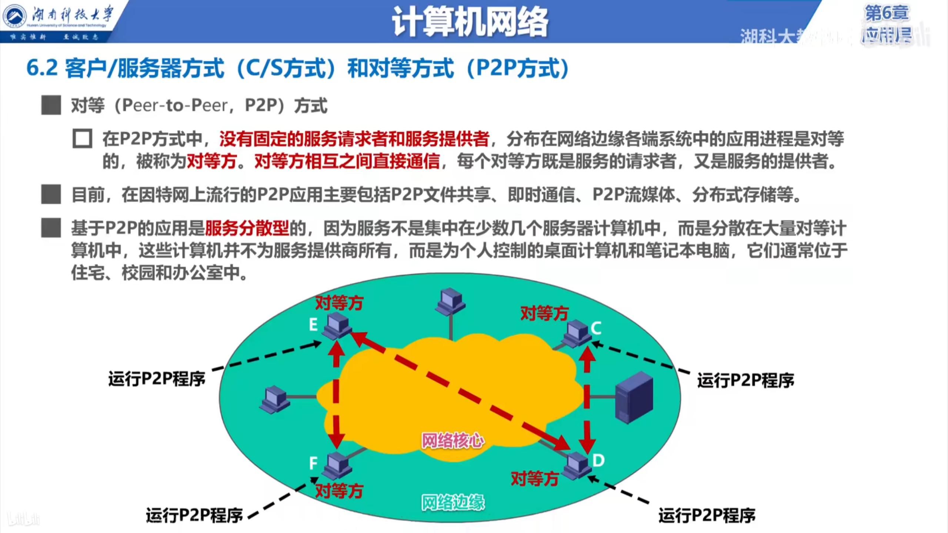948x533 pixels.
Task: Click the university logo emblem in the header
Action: point(15,16)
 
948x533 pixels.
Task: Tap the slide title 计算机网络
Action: point(470,21)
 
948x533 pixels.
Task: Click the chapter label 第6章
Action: point(887,13)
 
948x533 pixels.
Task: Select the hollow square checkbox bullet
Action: point(82,139)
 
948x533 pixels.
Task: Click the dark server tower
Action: point(634,398)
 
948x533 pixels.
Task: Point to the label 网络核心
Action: point(453,440)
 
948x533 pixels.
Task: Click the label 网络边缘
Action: point(453,503)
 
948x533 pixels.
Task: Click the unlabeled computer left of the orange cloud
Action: point(274,399)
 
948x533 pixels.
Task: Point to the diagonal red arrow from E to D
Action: point(459,392)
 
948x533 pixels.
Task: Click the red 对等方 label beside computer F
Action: point(339,491)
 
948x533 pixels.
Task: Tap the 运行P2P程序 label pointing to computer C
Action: point(745,381)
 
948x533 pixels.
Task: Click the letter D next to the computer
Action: point(598,460)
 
